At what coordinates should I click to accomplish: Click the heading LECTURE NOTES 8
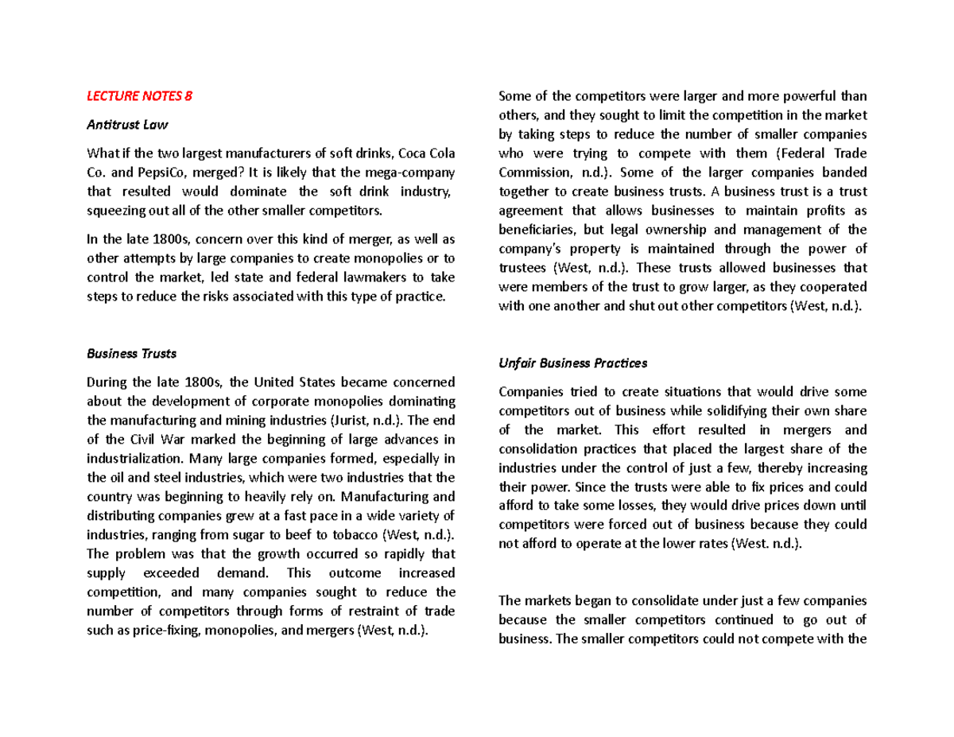tap(139, 97)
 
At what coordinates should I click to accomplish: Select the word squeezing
tap(114, 211)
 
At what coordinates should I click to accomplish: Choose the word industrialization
tap(134, 459)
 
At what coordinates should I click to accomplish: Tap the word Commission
tap(532, 173)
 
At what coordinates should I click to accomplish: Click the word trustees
tap(524, 268)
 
